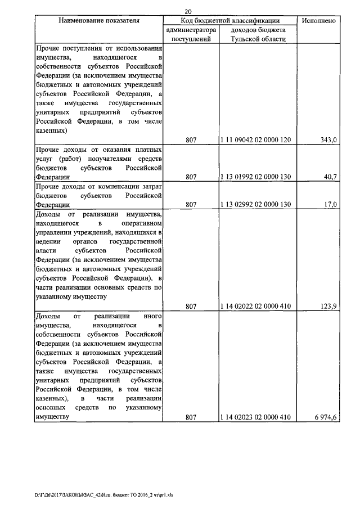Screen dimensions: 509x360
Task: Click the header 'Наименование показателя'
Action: pos(99,21)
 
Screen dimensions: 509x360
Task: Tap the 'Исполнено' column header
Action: pos(319,21)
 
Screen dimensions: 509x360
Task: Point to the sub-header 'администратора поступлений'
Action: pos(191,34)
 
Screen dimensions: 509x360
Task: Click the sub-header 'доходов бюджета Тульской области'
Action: pos(258,34)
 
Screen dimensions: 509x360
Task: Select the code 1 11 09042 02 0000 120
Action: pos(258,140)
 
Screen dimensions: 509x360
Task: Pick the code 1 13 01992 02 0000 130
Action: pos(258,177)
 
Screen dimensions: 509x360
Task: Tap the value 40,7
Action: pos(330,177)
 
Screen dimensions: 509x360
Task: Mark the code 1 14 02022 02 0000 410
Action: pos(258,306)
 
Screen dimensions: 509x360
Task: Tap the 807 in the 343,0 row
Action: pos(191,140)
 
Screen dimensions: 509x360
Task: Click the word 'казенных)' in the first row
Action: pos(52,130)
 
